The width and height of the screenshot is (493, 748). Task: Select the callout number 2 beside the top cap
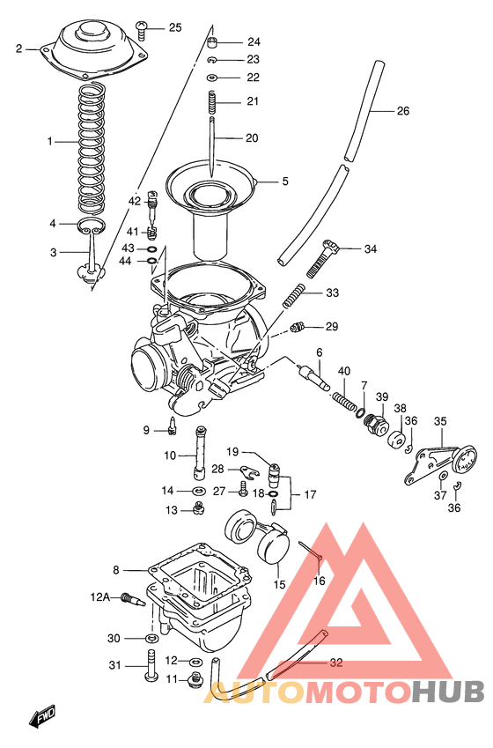pyautogui.click(x=19, y=48)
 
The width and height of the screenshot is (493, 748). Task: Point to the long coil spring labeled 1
pyautogui.click(x=92, y=141)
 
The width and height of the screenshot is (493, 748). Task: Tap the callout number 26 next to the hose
pyautogui.click(x=402, y=111)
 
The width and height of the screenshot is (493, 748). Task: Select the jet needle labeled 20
pyautogui.click(x=213, y=137)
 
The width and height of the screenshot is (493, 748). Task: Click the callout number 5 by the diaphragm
pyautogui.click(x=284, y=182)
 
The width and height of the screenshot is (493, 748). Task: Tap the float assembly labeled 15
pyautogui.click(x=260, y=541)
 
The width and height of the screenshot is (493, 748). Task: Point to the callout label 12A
pyautogui.click(x=99, y=596)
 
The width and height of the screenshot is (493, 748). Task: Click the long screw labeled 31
pyautogui.click(x=150, y=666)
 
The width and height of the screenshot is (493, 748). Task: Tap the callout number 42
pyautogui.click(x=134, y=201)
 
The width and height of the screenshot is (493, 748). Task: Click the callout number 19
pyautogui.click(x=232, y=451)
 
